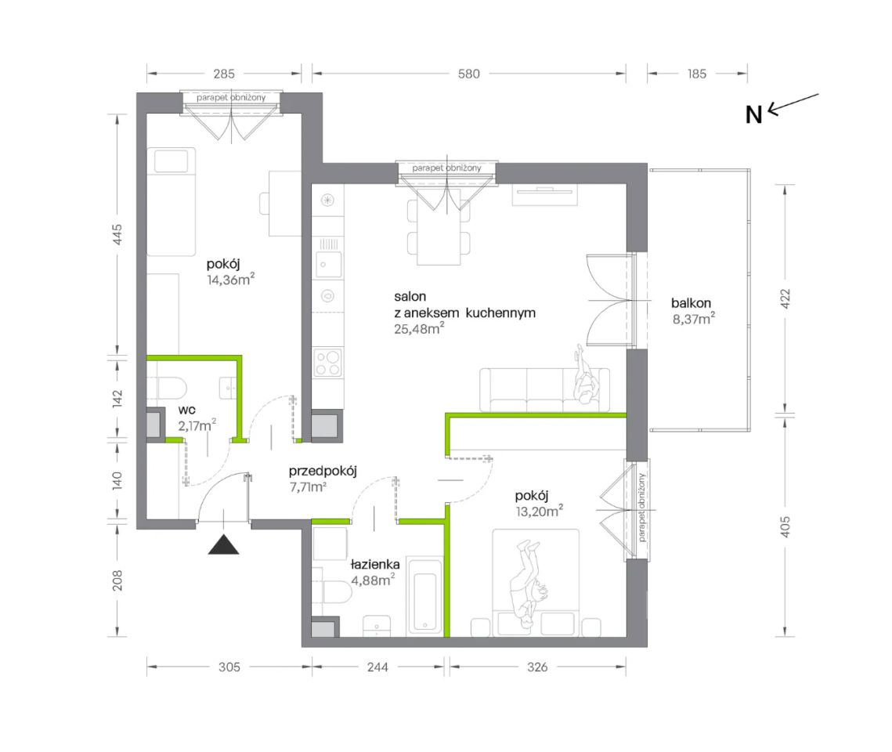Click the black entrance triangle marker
223,545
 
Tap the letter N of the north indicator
753,115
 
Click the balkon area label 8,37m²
693,319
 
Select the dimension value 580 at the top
469,74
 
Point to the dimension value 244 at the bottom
377,667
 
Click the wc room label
186,410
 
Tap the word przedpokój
323,472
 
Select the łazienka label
375,564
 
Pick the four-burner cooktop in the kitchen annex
328,363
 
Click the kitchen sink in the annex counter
328,265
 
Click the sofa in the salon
544,389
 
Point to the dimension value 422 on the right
785,298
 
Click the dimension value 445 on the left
117,235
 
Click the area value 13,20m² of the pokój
540,511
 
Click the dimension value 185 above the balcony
697,74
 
